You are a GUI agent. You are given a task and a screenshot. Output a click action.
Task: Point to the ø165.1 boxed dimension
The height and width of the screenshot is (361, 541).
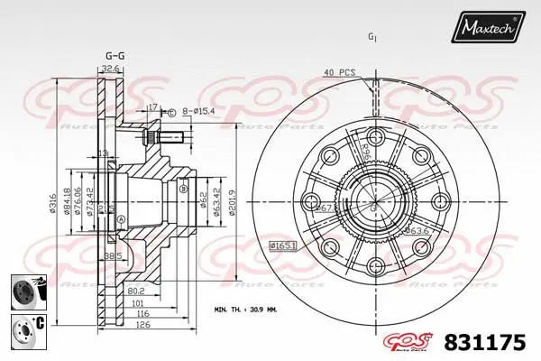click(283, 245)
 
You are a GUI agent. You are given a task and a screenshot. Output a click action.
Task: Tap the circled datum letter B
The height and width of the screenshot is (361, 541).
click(184, 190)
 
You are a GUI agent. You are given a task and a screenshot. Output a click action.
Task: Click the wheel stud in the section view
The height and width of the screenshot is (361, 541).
click(164, 138)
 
